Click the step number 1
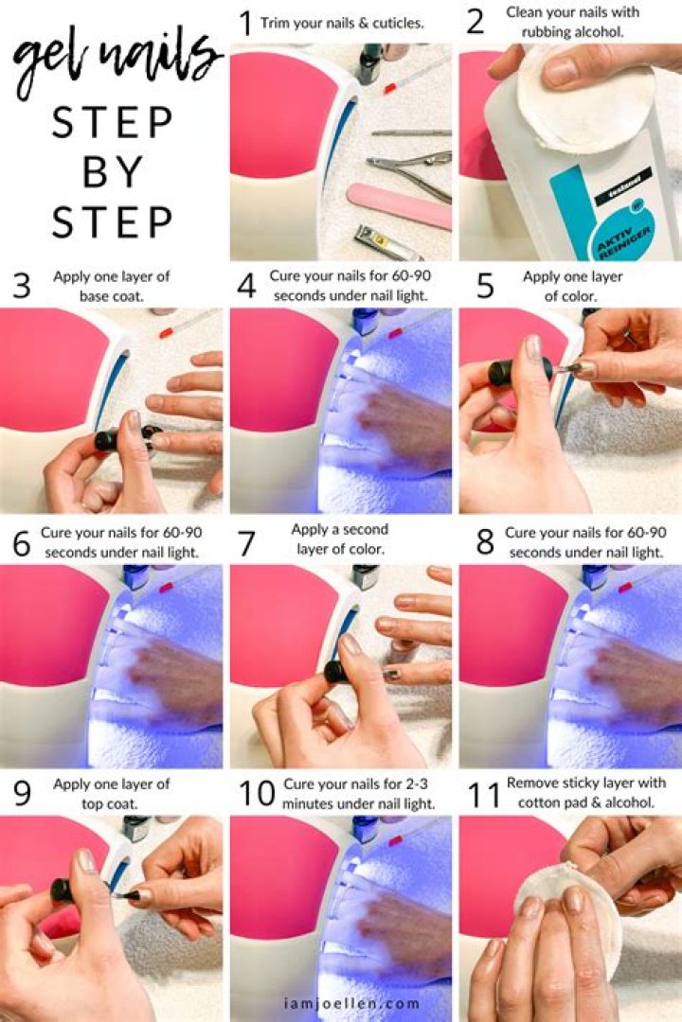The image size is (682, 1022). pos(246,23)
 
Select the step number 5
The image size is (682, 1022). pos(485,286)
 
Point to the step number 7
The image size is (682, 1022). pos(246,544)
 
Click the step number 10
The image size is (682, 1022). pos(256,793)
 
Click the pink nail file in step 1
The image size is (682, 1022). pos(398,204)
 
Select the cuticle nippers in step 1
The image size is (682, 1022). pos(409,169)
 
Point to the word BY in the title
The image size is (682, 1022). pos(113,173)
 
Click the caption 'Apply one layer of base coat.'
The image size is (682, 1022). pos(112,286)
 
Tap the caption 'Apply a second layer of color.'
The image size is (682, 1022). pos(340,538)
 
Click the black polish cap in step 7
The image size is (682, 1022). pos(336,671)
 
